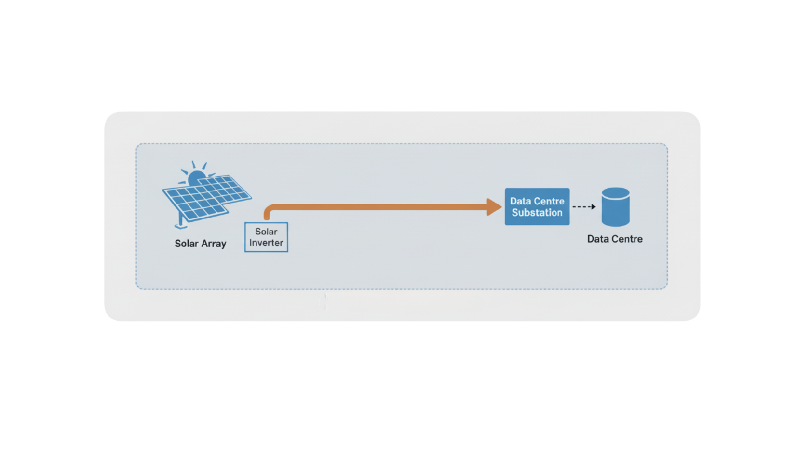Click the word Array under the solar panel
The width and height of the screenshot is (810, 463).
point(214,244)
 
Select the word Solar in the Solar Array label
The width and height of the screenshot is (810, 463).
point(186,244)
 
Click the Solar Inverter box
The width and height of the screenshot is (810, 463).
point(266,237)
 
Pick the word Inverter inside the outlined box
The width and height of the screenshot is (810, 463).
point(266,243)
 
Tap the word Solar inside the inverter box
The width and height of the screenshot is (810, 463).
point(266,231)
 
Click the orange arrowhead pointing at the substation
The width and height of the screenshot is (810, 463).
point(495,207)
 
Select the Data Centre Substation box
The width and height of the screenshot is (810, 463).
point(537,206)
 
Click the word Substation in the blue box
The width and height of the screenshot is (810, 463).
point(537,213)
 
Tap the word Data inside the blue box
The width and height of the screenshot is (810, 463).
point(520,201)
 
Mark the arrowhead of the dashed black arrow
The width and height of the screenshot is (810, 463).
point(594,207)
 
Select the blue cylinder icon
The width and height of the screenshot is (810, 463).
point(616,207)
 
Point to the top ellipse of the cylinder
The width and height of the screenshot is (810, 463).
point(616,193)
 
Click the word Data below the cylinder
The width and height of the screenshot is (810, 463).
point(598,239)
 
